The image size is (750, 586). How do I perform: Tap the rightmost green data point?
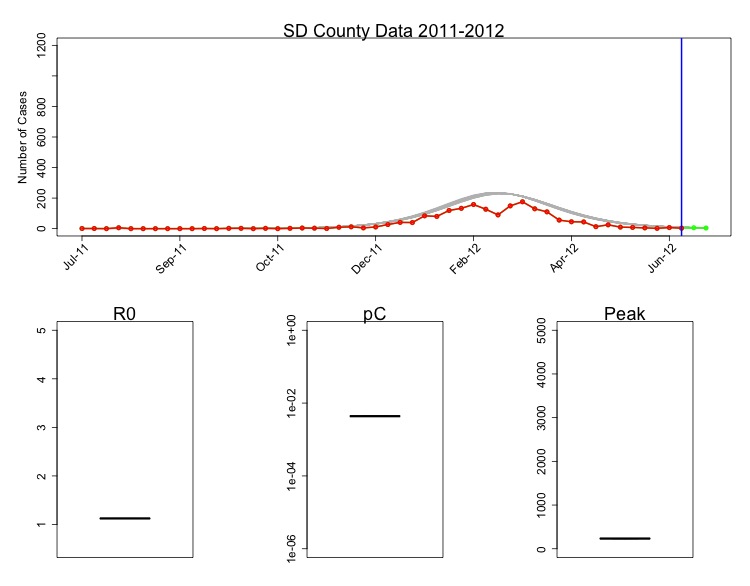(705, 228)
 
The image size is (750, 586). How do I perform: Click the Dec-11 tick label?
(367, 258)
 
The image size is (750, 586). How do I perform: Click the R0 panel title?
(125, 314)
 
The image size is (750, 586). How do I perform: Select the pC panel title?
(375, 314)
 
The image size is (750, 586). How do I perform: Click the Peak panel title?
(625, 314)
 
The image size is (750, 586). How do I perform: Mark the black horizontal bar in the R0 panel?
(125, 518)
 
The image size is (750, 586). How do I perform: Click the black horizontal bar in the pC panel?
(375, 415)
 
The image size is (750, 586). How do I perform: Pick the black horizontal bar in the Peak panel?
(625, 538)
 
